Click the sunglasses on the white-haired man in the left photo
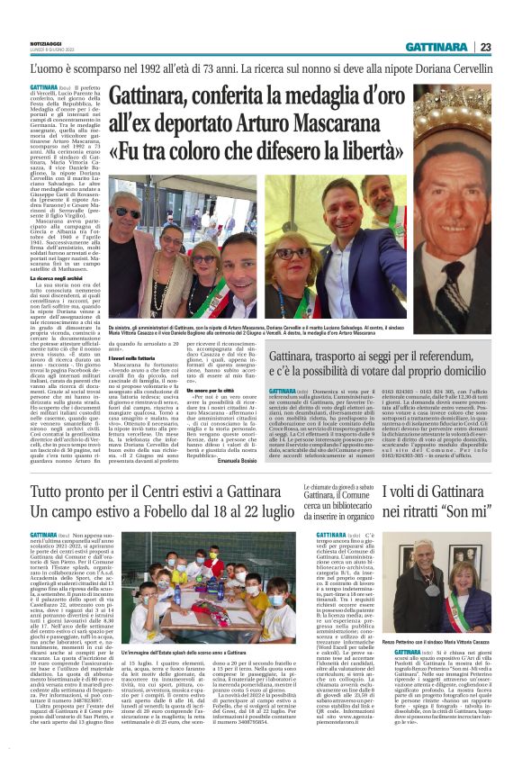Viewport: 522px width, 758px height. coord(130,213)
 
